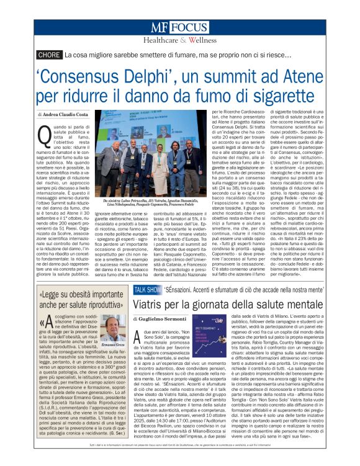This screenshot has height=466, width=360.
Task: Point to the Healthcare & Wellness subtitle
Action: [179, 41]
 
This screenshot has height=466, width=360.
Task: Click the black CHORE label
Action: [48, 55]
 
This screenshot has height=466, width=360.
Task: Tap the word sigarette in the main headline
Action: [282, 97]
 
